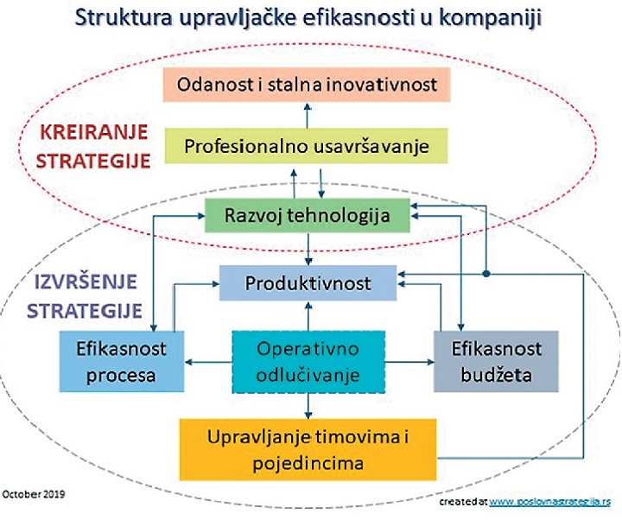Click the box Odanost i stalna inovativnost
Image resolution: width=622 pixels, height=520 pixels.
click(307, 85)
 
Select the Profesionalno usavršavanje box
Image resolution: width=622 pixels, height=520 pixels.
click(306, 146)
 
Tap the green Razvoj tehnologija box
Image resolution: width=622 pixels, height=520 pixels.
click(307, 215)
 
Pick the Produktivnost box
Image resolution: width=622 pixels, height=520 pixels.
click(308, 282)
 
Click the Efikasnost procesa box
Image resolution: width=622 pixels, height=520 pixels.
click(122, 362)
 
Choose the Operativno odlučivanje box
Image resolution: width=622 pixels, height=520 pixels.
click(308, 362)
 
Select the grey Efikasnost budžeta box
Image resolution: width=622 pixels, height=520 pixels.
click(496, 362)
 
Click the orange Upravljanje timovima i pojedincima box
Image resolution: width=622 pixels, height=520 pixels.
click(308, 449)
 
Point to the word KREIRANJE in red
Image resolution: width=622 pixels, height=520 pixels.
click(94, 132)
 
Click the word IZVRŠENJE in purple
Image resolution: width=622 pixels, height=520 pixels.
click(86, 282)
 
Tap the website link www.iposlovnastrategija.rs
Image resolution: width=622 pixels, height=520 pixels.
click(549, 501)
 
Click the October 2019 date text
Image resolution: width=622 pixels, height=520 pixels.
click(34, 494)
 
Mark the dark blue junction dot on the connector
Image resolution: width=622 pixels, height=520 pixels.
click(486, 274)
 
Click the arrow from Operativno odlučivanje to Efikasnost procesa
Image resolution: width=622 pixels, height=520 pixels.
click(208, 362)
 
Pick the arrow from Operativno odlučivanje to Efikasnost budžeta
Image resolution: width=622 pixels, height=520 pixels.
click(409, 362)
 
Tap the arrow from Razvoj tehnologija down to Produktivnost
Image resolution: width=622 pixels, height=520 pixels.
click(308, 249)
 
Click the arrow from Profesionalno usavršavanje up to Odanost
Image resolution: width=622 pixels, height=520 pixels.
click(307, 115)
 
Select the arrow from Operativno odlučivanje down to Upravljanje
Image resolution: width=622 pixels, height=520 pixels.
click(308, 406)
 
